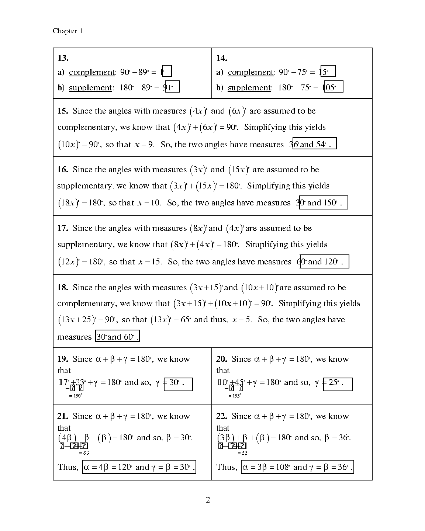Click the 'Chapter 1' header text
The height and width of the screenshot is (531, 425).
point(68,31)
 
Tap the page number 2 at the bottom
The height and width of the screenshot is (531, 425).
point(208,500)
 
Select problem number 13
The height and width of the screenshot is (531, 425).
point(63,58)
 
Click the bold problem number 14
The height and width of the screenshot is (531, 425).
point(222,58)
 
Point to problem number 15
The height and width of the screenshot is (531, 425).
point(63,111)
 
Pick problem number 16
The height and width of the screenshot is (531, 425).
point(63,170)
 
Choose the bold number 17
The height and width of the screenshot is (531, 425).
point(63,228)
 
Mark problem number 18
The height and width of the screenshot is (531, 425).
point(63,288)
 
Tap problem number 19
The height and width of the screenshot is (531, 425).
point(63,359)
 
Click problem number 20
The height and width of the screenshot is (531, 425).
point(222,359)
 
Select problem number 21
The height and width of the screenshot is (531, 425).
point(63,416)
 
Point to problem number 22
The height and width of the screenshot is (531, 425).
point(222,416)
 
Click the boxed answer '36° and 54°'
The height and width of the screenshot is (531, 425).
point(314,144)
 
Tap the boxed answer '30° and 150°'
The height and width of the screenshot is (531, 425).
point(323,202)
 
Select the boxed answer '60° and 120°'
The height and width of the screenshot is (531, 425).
point(324,262)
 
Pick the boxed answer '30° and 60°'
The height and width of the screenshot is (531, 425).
point(117,336)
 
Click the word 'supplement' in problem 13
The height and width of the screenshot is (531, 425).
point(90,88)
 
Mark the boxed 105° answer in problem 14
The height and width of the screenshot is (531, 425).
point(333,87)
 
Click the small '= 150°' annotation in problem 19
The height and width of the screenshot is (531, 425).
point(75,396)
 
